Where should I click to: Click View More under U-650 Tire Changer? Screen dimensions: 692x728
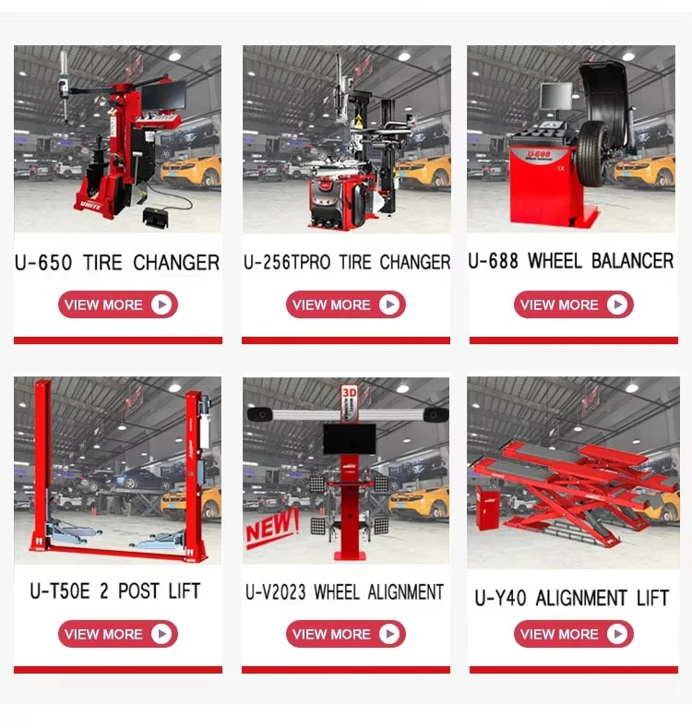[118, 304]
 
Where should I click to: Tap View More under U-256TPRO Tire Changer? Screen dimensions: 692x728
[345, 304]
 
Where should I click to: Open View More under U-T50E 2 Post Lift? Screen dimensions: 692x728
[118, 634]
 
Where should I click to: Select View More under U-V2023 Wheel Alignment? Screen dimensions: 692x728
[345, 634]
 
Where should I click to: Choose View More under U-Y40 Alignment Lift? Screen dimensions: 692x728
[574, 634]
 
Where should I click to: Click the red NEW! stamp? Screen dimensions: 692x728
[272, 528]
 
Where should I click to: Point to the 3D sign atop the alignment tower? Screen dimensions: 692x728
[349, 393]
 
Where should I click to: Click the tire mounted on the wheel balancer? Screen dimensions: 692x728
[593, 152]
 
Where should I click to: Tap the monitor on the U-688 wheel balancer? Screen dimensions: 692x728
[556, 97]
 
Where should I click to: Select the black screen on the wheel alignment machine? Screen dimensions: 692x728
[350, 439]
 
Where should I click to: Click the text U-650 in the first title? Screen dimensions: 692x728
[43, 263]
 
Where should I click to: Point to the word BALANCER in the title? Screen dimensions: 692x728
[632, 261]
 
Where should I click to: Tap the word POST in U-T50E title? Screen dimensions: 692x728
[139, 591]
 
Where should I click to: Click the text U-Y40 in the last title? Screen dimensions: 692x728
[501, 598]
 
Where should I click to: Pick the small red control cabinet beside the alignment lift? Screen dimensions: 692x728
[489, 507]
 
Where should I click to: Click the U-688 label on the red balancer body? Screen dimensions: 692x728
[539, 155]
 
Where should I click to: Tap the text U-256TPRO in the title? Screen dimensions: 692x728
[287, 262]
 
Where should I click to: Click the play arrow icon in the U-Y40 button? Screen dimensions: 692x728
[617, 634]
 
